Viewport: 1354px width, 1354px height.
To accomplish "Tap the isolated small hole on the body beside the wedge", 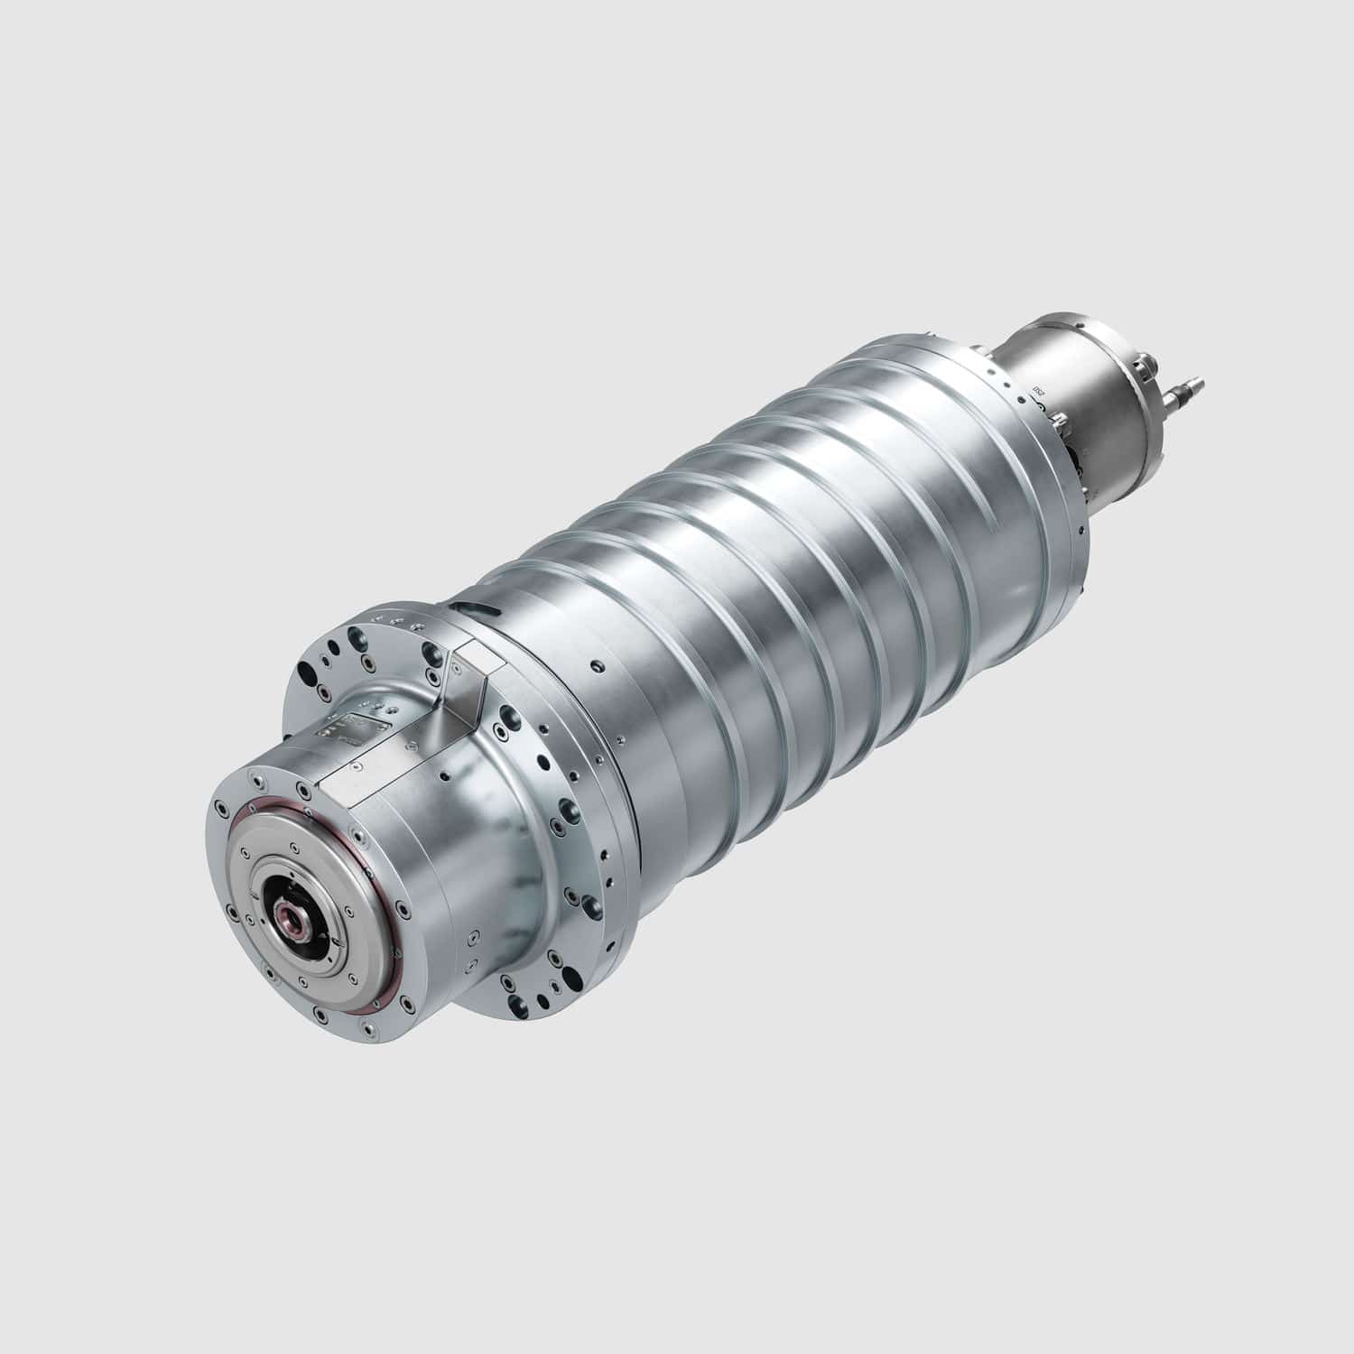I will pos(596,668).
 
